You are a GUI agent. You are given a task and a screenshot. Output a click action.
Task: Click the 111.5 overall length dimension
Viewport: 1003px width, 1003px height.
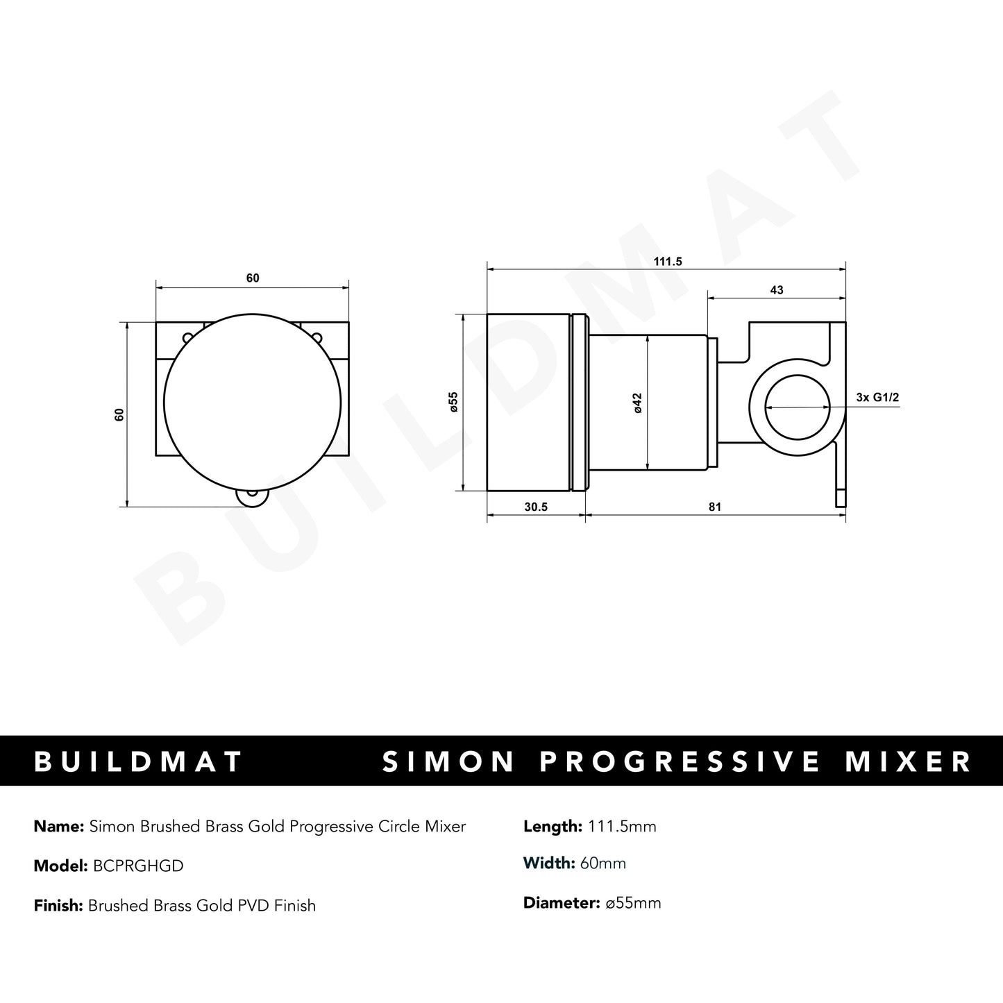coord(668,262)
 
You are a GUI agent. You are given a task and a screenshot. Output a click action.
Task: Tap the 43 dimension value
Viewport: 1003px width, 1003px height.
coord(777,290)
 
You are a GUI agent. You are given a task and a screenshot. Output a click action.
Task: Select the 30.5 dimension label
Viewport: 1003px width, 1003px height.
coord(536,507)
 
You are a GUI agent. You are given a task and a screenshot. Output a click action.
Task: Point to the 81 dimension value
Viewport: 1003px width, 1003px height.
coord(715,507)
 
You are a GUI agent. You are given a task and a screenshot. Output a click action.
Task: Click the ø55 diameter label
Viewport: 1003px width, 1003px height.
coord(453,403)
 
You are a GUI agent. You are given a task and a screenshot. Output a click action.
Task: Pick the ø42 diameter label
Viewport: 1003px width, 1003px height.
coord(637,403)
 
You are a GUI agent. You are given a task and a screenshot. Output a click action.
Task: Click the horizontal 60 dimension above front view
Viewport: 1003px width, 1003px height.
coord(253,278)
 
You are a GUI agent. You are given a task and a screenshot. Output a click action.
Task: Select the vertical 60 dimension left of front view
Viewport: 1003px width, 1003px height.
coord(119,414)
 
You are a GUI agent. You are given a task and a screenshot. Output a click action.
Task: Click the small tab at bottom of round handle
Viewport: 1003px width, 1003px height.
coord(251,496)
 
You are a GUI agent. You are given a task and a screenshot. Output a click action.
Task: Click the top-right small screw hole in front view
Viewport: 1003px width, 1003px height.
coord(317,337)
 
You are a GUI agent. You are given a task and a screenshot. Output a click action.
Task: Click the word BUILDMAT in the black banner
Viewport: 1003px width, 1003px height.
coord(138,761)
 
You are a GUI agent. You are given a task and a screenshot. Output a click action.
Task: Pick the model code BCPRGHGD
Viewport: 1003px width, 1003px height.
coord(135,866)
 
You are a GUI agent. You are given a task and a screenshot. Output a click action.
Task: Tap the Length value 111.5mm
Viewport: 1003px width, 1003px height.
coord(621,826)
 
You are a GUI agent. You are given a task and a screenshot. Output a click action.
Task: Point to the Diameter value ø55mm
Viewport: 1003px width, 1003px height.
coord(633,903)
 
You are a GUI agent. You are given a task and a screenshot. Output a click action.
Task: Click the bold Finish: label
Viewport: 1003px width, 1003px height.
coord(59,905)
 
